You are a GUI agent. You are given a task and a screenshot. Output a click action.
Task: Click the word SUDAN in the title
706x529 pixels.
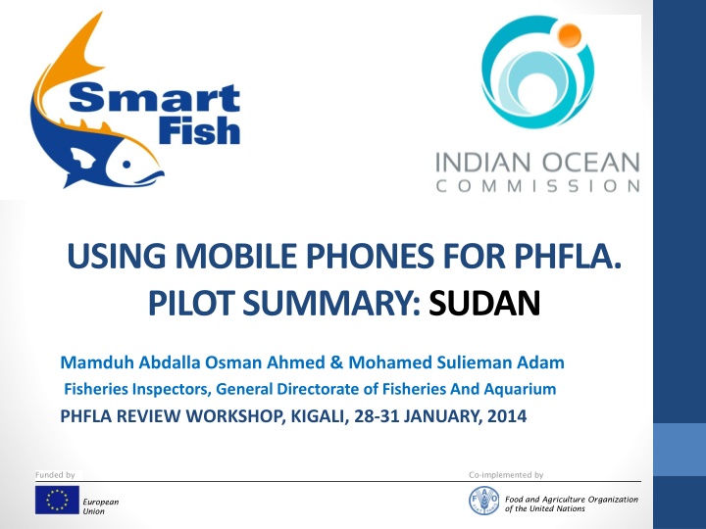(x=484, y=303)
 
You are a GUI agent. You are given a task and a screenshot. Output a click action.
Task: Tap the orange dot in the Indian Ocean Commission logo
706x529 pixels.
(x=570, y=34)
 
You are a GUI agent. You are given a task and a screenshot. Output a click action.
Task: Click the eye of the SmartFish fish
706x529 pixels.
(x=126, y=165)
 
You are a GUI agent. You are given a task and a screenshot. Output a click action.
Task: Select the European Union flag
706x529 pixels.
(x=57, y=500)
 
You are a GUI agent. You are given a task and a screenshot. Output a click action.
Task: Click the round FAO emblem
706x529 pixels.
(x=484, y=502)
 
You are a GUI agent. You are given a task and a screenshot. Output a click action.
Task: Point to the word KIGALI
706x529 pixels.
(x=320, y=416)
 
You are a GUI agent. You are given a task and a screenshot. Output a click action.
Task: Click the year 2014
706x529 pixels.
(x=507, y=416)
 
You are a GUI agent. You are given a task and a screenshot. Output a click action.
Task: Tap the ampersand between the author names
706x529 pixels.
(x=336, y=362)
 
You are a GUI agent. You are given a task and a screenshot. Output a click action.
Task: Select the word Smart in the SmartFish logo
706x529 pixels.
(x=155, y=98)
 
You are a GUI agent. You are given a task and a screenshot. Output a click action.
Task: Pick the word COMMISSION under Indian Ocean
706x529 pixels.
(x=538, y=186)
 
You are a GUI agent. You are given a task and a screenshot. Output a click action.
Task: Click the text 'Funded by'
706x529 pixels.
(x=55, y=475)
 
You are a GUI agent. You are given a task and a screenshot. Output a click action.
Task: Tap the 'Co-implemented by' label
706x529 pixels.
(x=506, y=475)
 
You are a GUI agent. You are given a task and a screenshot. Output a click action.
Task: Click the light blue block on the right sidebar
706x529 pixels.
(x=680, y=449)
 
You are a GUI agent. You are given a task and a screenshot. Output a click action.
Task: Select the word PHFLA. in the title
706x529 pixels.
(x=568, y=256)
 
